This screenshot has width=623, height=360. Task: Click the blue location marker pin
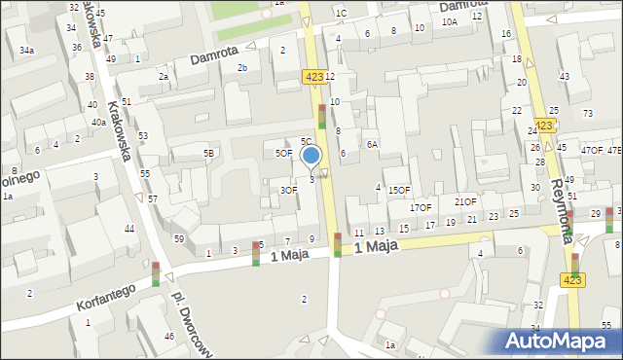pos(311,157)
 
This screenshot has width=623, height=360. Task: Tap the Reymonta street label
pos(565,194)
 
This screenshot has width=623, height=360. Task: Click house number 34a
pos(26,50)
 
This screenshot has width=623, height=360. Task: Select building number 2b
pos(243,67)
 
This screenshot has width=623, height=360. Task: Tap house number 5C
pos(306,142)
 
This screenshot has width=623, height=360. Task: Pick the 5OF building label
pos(283,153)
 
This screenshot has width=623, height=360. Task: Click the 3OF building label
pos(288,190)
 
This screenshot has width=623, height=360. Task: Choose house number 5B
pos(208,154)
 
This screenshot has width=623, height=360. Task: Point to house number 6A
pos(372,144)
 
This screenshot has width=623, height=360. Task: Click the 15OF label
pos(399,191)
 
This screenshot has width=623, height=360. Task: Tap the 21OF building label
pos(465,201)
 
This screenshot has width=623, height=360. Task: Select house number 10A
pos(449,21)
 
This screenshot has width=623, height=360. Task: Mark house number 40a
pos(98,123)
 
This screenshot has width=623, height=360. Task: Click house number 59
pos(179,238)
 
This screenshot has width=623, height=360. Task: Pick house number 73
pos(587,114)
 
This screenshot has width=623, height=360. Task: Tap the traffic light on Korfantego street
pos(155,273)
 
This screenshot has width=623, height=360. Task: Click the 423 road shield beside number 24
pos(545,126)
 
